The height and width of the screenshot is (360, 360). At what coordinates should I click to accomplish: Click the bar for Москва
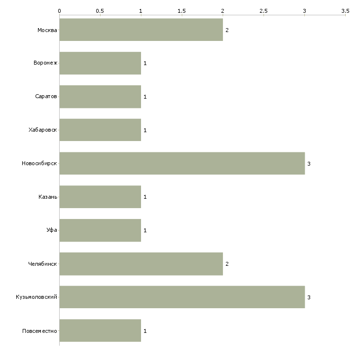[141, 30]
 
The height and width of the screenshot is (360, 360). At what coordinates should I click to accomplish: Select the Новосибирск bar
[182, 163]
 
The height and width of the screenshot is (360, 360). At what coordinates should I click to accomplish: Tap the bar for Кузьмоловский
[182, 297]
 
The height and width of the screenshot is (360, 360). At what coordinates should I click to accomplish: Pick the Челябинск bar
[141, 263]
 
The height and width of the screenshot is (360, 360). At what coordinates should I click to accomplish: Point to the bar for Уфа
[100, 230]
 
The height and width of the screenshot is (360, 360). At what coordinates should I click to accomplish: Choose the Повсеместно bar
[100, 330]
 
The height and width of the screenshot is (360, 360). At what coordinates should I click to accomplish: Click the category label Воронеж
[45, 63]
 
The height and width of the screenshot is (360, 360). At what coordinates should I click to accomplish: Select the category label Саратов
[46, 97]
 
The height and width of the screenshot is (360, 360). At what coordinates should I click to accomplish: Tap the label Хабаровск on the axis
[43, 130]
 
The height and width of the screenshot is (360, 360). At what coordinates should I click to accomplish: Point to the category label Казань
[48, 197]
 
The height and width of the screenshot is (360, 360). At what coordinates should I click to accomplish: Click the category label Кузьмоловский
[36, 297]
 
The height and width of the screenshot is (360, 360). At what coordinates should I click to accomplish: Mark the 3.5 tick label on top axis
[345, 11]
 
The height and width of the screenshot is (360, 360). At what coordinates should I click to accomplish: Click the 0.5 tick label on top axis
[100, 11]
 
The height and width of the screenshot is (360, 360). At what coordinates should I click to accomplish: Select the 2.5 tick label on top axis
[263, 11]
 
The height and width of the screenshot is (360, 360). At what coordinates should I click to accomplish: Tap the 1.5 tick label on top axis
[181, 11]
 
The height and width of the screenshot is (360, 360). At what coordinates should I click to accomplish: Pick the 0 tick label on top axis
[60, 11]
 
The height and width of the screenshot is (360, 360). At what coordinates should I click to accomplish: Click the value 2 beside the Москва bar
[227, 30]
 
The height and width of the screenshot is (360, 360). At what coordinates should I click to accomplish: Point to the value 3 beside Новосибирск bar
[309, 164]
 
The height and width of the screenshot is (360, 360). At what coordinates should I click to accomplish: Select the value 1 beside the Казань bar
[145, 197]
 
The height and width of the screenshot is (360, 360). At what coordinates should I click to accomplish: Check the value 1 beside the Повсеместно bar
[145, 331]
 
